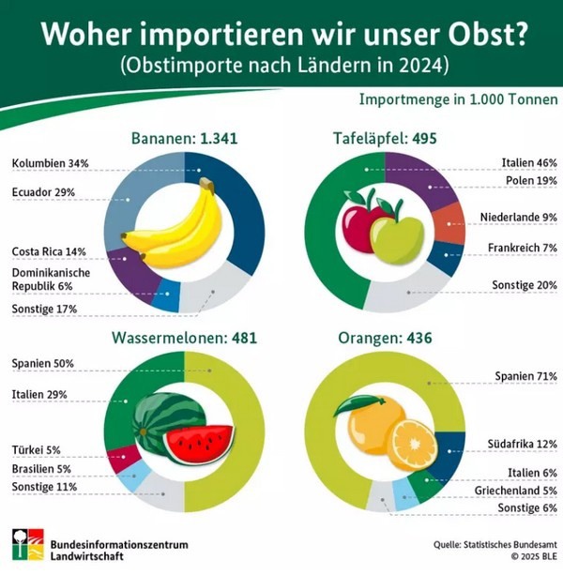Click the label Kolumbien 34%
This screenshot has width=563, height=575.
[50, 163]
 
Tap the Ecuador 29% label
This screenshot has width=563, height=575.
[45, 192]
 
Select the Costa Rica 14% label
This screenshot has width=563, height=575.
[49, 251]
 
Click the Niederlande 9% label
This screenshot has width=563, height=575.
[519, 218]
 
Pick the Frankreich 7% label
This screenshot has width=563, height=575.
[523, 249]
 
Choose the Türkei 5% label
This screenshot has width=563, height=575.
[38, 449]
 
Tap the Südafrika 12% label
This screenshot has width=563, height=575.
[523, 443]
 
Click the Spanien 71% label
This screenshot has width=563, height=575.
[525, 377]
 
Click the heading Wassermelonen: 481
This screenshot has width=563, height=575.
[184, 338]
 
